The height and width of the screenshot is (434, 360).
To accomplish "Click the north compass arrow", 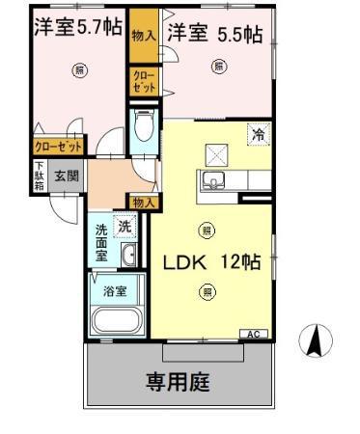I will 313,339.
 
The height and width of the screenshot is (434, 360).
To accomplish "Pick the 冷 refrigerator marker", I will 258,137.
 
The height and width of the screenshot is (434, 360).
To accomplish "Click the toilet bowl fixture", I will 143,126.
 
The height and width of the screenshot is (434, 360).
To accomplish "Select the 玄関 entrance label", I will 66,176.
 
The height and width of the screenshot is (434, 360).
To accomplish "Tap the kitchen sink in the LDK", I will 212,180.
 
